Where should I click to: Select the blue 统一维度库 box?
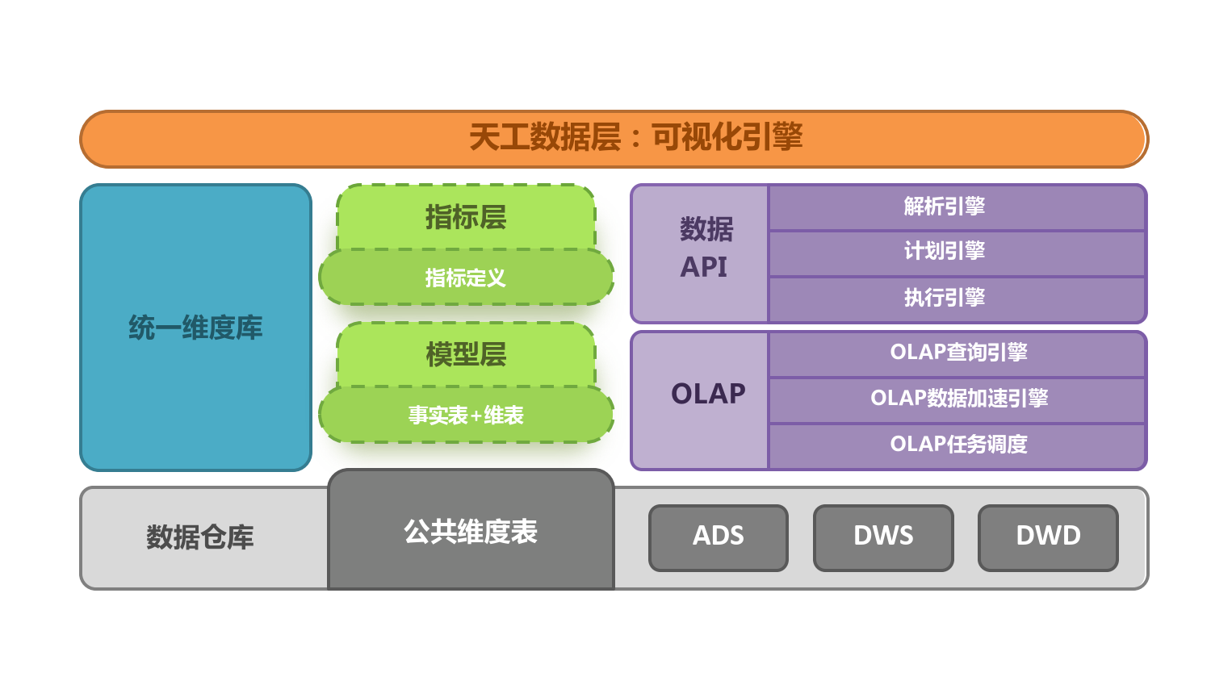click(x=195, y=328)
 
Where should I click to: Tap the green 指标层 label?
click(x=466, y=217)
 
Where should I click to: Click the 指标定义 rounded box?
click(x=466, y=278)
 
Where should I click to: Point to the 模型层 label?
click(x=466, y=354)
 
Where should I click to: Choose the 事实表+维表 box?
click(x=466, y=415)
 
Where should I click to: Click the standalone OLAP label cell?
click(x=708, y=394)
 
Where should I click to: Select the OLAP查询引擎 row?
click(x=957, y=353)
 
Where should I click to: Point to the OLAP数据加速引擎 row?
click(x=957, y=399)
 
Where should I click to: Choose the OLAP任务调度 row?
click(x=957, y=445)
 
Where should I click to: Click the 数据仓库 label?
click(x=200, y=537)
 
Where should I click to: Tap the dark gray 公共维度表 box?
click(x=471, y=532)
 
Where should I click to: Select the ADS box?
click(x=718, y=537)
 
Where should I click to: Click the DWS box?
click(x=883, y=537)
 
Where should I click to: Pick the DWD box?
click(x=1048, y=537)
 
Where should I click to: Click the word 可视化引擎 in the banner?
click(x=727, y=138)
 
